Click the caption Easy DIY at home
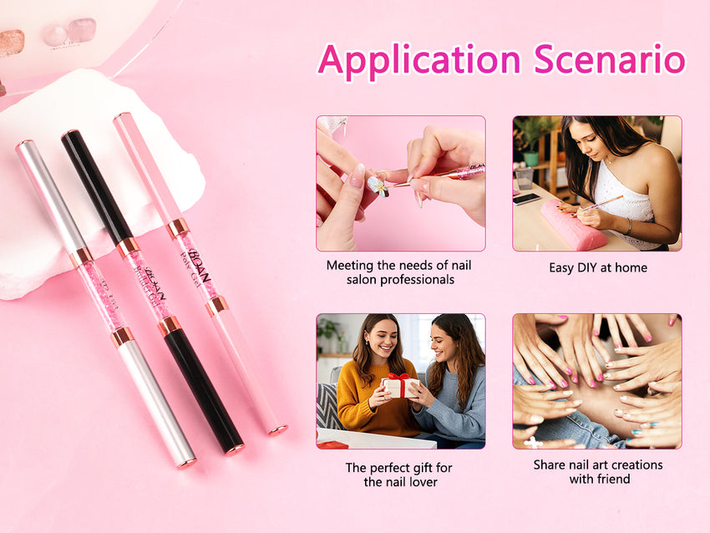[597, 268]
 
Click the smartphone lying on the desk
[526, 199]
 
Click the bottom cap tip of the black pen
[235, 450]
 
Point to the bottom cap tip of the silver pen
[187, 461]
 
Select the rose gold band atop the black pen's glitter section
[128, 246]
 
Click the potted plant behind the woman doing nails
[530, 138]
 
